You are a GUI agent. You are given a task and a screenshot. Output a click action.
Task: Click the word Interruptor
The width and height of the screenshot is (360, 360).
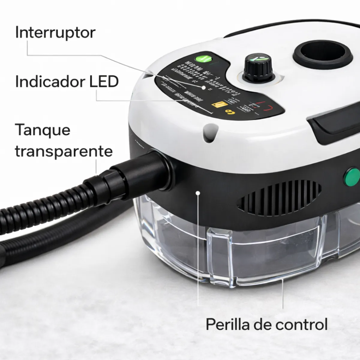click(55, 33)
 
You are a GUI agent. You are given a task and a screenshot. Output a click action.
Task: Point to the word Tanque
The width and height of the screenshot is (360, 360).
click(42, 130)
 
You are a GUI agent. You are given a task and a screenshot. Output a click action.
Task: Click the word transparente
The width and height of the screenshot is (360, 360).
click(63, 151)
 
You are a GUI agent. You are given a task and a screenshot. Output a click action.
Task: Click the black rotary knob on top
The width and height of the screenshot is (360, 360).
click(258, 67)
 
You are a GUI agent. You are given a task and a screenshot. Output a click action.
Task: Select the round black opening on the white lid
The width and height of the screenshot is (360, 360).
click(323, 54)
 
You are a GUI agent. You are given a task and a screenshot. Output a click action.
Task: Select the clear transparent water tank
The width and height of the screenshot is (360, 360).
click(230, 248)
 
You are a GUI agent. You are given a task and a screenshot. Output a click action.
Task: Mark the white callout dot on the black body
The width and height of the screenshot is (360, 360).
click(198, 193)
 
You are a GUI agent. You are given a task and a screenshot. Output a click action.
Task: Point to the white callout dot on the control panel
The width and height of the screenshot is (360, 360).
click(203, 87)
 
